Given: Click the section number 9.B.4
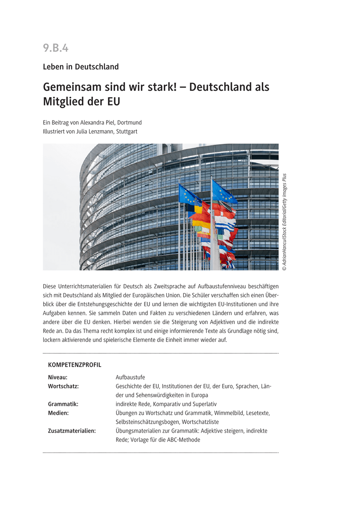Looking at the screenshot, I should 56,48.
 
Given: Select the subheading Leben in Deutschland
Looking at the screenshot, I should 81,67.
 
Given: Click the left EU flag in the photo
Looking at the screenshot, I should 189,196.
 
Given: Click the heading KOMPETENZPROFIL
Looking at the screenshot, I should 75,365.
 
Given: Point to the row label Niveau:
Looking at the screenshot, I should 58,377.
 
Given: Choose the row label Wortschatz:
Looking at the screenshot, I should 64,386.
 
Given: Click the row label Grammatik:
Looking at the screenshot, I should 63,404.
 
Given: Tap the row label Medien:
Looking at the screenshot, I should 59,413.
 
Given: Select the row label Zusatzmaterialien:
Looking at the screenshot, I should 72,431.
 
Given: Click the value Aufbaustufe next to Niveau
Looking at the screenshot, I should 130,377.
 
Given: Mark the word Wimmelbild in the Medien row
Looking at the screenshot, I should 229,413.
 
